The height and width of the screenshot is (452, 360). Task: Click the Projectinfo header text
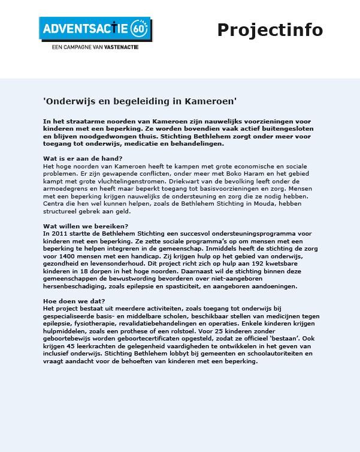tap(270, 29)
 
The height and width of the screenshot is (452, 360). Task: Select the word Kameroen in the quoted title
tap(210, 102)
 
